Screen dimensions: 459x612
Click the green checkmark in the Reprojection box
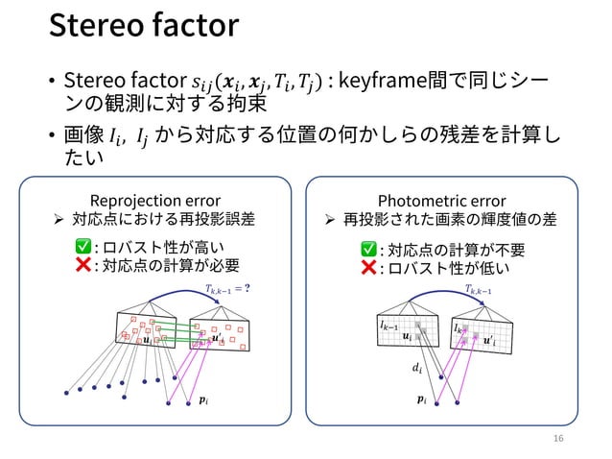[83, 249]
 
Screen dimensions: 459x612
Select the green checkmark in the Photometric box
[367, 251]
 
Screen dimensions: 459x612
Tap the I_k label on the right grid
[459, 328]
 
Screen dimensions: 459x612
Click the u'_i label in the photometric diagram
[490, 340]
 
